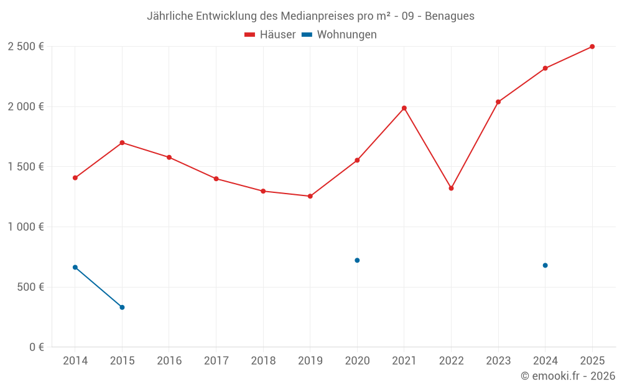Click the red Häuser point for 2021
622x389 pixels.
[404, 108]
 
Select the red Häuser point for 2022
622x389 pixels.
[451, 188]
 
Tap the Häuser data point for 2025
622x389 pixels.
[592, 47]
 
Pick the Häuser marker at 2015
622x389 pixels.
[122, 143]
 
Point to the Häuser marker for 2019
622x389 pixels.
[310, 196]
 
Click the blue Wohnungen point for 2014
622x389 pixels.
[75, 267]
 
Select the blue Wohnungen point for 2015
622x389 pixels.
[122, 307]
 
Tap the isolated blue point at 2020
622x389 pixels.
[357, 260]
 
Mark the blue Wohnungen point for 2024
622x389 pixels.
[545, 265]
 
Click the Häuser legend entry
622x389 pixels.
[271, 35]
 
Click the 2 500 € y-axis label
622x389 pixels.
[26, 47]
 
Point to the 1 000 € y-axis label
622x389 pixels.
[26, 227]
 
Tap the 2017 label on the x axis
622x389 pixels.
[216, 361]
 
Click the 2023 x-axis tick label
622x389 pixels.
[498, 361]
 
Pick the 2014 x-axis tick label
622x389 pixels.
[75, 361]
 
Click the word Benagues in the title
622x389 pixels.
[450, 16]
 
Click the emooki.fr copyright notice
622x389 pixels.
[568, 376]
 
